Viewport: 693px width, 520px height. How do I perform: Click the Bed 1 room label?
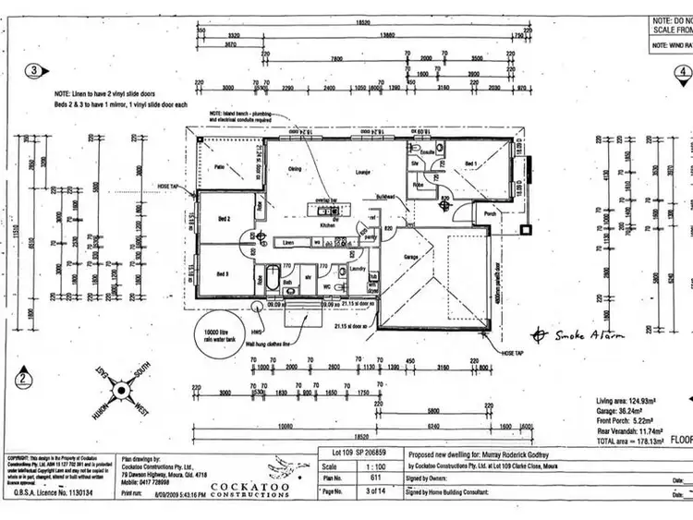point(471,163)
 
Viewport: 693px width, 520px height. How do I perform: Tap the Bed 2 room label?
point(223,218)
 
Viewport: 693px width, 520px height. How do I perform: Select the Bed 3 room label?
point(223,274)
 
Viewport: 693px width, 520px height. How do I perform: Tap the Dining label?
point(296,169)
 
